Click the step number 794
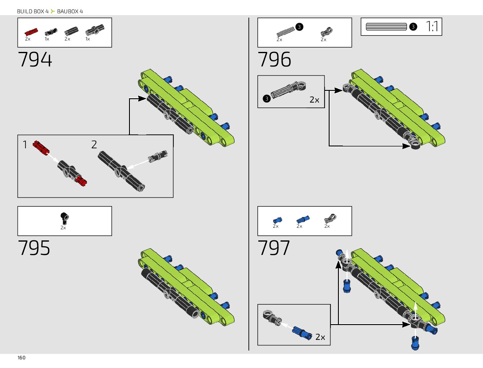pos(35,59)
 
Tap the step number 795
pos(34,248)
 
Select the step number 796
pos(274,59)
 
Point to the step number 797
pos(273,248)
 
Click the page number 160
pos(21,358)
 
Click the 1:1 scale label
pos(432,27)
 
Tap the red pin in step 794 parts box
pos(31,32)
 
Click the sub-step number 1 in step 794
pos(25,145)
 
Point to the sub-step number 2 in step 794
pos(94,145)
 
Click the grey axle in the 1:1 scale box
pos(386,27)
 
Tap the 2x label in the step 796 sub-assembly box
pos(314,100)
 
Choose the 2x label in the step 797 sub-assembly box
pos(320,337)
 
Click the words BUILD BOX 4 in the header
pos(33,11)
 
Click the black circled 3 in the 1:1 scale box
pos(413,27)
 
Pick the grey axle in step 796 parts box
pos(285,32)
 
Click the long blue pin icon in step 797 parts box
pos(302,219)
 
